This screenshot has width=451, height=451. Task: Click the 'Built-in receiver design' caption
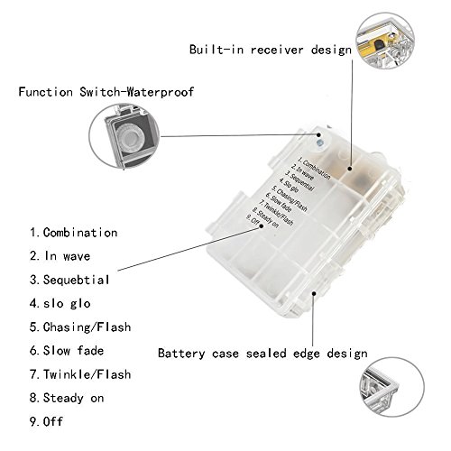click(x=271, y=50)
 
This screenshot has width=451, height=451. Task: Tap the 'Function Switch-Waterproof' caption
click(x=106, y=92)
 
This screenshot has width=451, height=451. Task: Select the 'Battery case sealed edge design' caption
click(x=262, y=354)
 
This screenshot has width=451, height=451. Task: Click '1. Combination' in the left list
click(x=73, y=233)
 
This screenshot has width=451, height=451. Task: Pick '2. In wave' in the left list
click(x=60, y=256)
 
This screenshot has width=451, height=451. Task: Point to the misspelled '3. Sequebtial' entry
click(x=69, y=280)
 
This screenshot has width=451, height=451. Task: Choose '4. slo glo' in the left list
click(x=60, y=303)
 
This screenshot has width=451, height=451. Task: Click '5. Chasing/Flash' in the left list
click(x=80, y=327)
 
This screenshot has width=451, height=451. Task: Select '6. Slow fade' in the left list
click(x=67, y=351)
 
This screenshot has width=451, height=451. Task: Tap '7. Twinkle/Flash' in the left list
click(x=80, y=374)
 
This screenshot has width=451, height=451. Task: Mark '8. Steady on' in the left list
click(x=67, y=398)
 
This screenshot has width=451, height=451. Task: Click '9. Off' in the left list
click(x=46, y=421)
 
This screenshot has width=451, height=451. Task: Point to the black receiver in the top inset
click(x=378, y=44)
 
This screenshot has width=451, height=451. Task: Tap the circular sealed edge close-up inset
click(x=391, y=387)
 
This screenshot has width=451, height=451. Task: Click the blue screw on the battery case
click(x=319, y=143)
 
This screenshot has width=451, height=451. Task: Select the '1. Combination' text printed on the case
click(x=314, y=168)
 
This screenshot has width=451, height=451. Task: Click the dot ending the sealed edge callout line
click(x=313, y=292)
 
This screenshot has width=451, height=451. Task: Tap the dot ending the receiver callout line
click(x=350, y=169)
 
